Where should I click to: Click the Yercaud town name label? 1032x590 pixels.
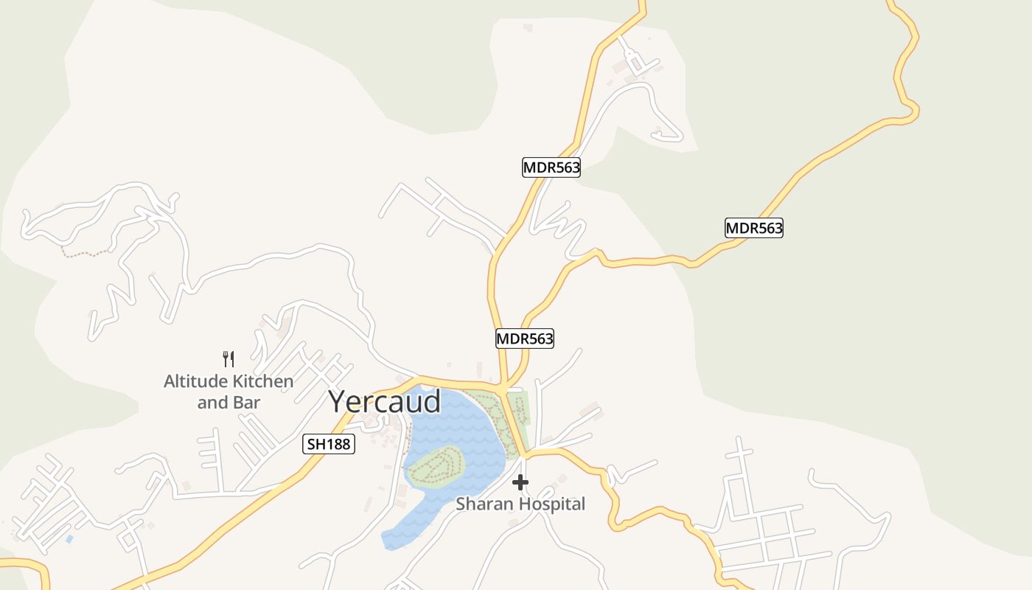click(385, 402)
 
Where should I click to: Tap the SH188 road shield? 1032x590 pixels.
click(329, 444)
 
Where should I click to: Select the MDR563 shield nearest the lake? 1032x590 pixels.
click(524, 339)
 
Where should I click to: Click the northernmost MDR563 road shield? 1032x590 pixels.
click(551, 167)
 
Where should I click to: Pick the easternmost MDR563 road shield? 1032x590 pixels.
click(753, 228)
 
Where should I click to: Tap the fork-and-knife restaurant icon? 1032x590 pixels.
click(229, 359)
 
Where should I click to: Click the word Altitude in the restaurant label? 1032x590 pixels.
click(195, 381)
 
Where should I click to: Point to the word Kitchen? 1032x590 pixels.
click(263, 381)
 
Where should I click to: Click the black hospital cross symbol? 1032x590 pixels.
click(520, 482)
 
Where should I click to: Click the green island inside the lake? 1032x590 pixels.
click(436, 467)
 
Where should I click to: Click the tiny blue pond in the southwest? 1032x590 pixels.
click(69, 539)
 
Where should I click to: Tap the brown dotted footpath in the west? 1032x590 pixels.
click(85, 254)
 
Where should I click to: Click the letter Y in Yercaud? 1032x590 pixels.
click(338, 402)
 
